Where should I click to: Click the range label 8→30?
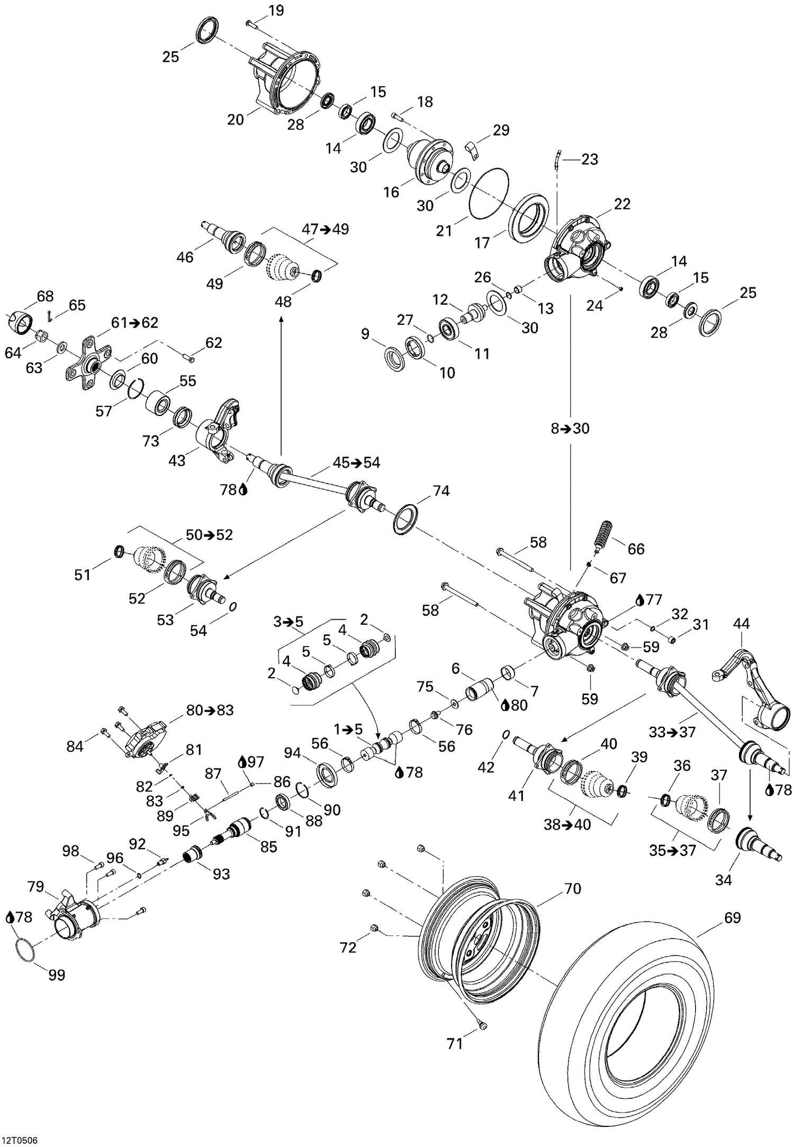pyautogui.click(x=570, y=428)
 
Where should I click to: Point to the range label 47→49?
pyautogui.click(x=326, y=230)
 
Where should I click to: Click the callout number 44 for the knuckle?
pyautogui.click(x=741, y=624)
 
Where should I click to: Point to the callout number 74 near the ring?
pyautogui.click(x=441, y=491)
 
